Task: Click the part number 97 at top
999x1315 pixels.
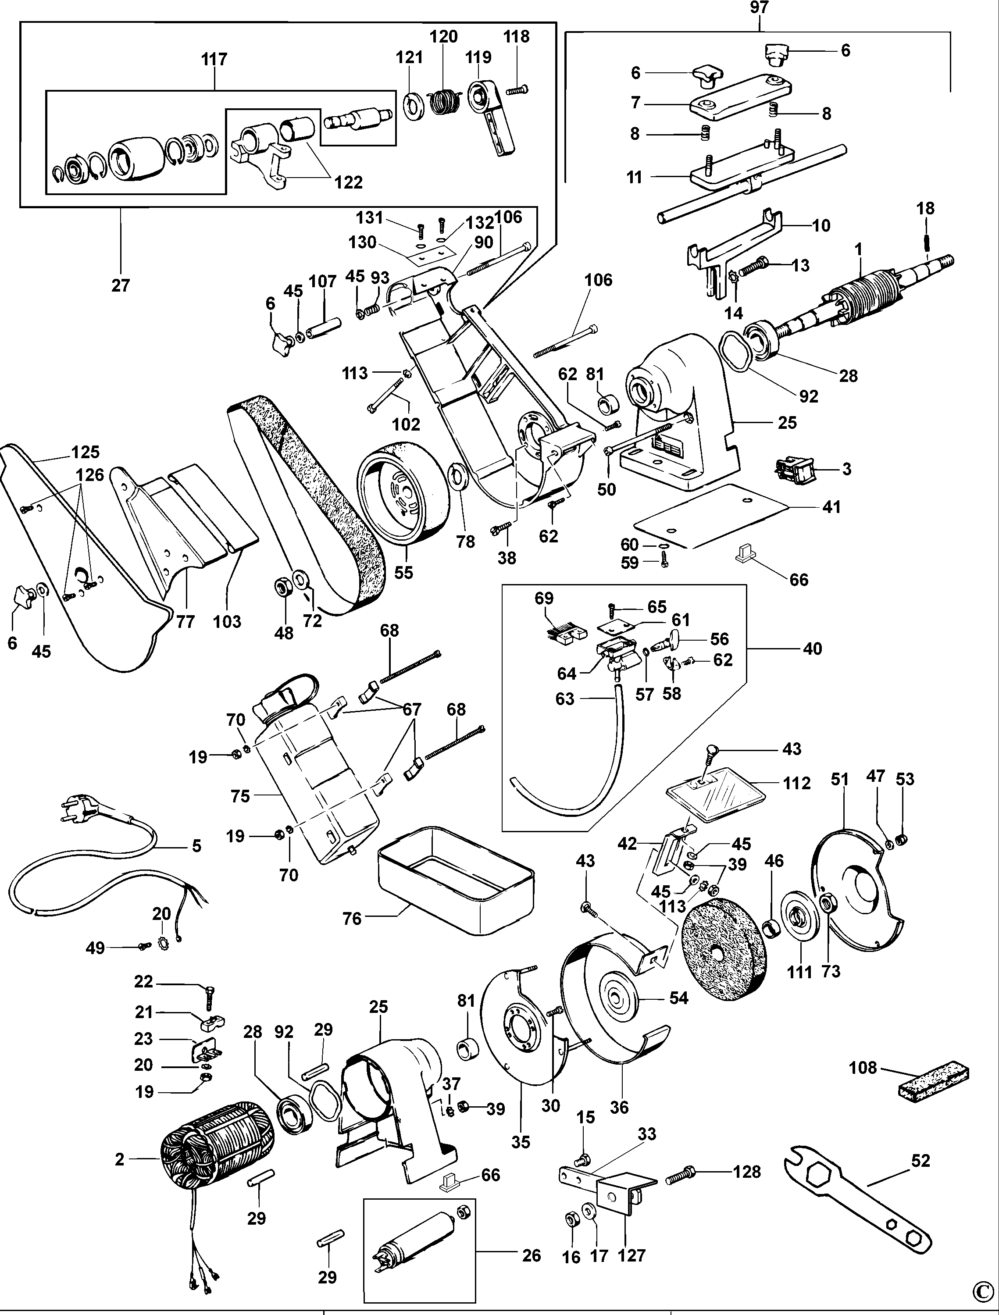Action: (760, 8)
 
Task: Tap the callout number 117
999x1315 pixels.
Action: (214, 60)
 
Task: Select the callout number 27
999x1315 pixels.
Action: (120, 285)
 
